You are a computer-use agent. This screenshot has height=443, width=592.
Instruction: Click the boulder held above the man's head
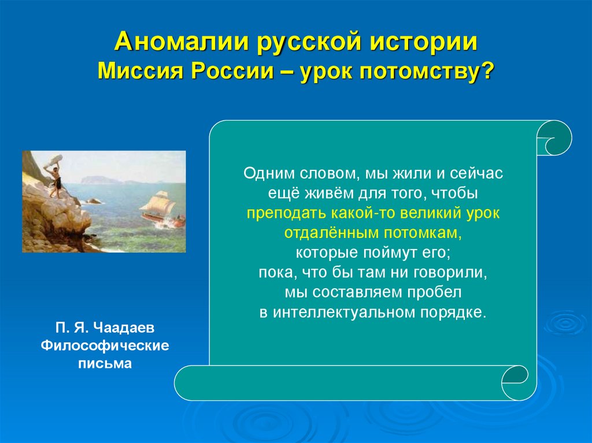pos(54,159)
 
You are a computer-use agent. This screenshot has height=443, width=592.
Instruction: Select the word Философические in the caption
pos(104,345)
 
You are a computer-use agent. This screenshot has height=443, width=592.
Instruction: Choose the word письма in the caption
pos(104,364)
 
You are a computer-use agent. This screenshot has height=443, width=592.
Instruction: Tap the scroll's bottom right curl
pos(516,382)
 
